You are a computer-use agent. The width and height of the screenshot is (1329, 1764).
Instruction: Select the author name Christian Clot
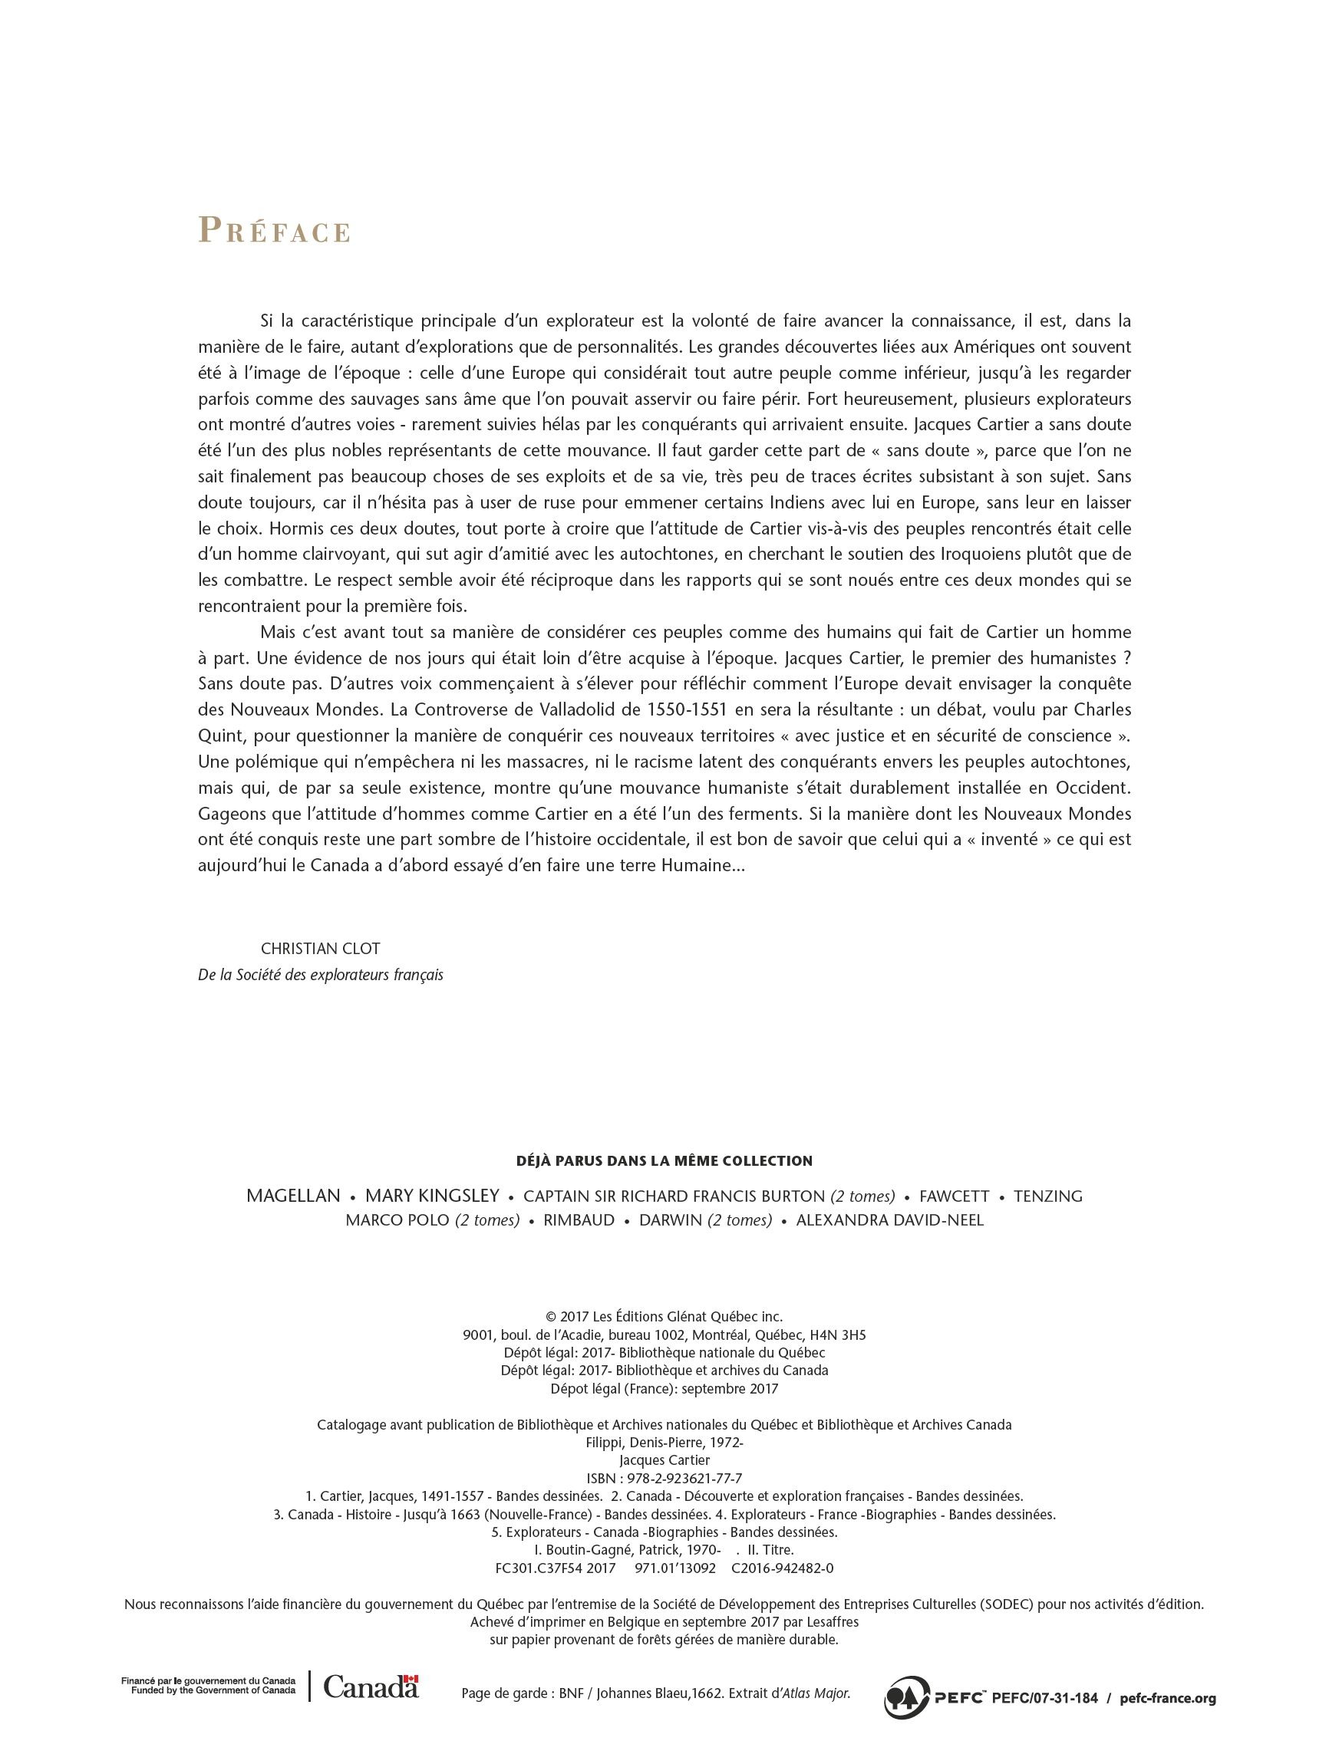[320, 949]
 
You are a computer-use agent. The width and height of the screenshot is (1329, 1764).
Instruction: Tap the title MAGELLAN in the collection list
[294, 1196]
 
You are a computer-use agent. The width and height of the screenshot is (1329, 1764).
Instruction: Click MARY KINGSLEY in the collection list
[431, 1196]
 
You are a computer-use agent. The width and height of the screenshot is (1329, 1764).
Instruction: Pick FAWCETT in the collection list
[954, 1196]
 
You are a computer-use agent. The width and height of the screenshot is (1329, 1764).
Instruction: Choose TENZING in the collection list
[1047, 1196]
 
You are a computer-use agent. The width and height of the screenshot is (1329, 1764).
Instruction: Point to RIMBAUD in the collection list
[579, 1221]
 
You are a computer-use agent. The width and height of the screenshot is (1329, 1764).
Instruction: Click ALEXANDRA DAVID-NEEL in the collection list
[889, 1221]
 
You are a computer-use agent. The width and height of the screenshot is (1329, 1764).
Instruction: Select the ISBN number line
[664, 1478]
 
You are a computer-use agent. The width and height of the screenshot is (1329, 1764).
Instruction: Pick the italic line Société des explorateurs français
[320, 976]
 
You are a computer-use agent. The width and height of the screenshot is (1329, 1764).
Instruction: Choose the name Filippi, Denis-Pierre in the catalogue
[664, 1443]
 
